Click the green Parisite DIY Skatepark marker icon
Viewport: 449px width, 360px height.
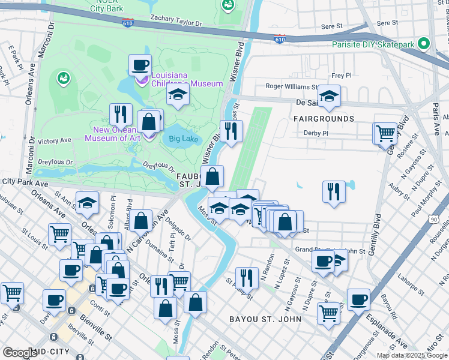pos(424,44)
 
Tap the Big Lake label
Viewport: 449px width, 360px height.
pos(183,139)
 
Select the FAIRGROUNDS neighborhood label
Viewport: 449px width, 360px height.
pos(324,119)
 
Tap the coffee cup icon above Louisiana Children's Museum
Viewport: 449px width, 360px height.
pos(140,65)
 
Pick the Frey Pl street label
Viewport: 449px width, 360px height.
pos(341,76)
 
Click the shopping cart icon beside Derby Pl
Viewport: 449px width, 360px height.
pos(385,133)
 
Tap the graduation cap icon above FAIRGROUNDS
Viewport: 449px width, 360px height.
pos(329,97)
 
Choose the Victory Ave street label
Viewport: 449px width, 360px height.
pos(54,141)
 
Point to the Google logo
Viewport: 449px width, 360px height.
pos(20,352)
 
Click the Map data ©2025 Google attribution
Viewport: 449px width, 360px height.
pos(412,355)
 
